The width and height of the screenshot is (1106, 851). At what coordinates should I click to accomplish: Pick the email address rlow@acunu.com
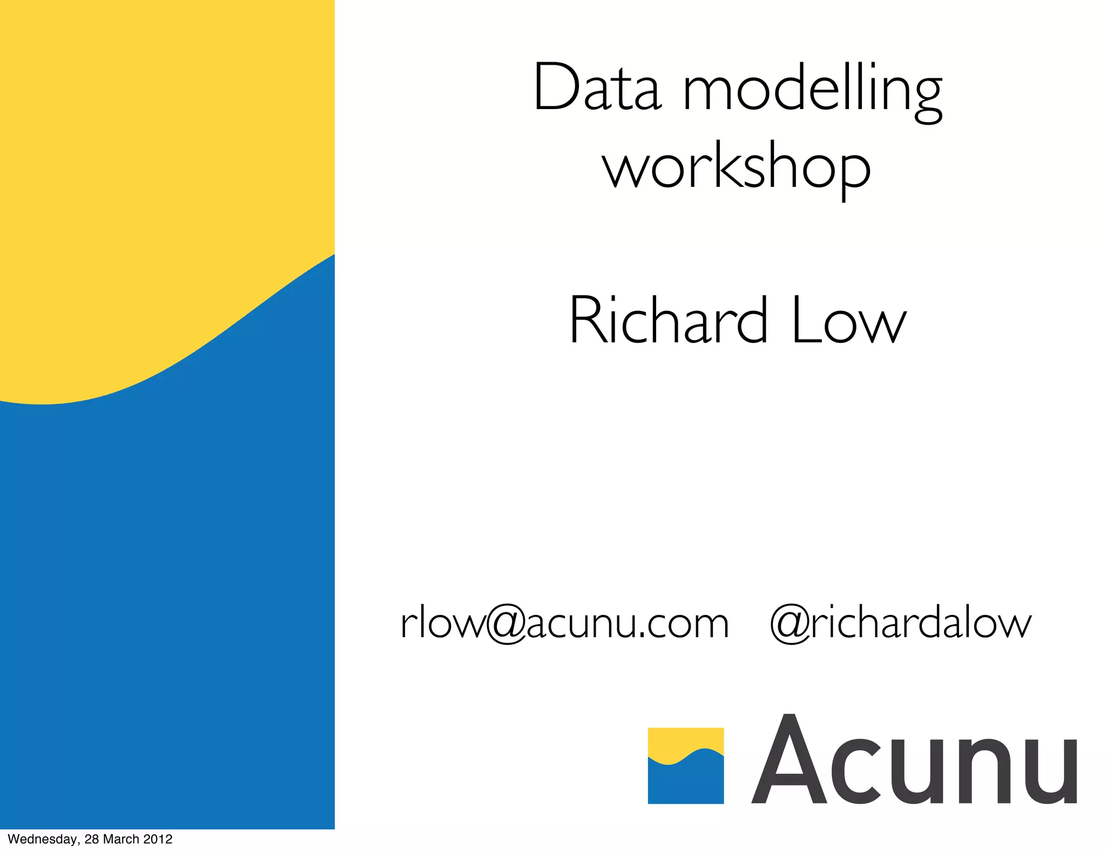[564, 623]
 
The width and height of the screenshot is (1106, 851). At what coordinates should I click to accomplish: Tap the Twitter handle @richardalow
[900, 623]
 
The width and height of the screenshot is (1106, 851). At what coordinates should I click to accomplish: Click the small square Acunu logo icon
[685, 766]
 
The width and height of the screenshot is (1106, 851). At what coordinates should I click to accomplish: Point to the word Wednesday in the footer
[43, 839]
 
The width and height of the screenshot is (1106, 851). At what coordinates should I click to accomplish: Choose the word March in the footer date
[121, 839]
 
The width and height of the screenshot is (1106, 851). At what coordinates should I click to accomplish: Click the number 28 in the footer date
[91, 839]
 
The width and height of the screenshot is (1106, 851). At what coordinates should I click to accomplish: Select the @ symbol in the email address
[506, 624]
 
